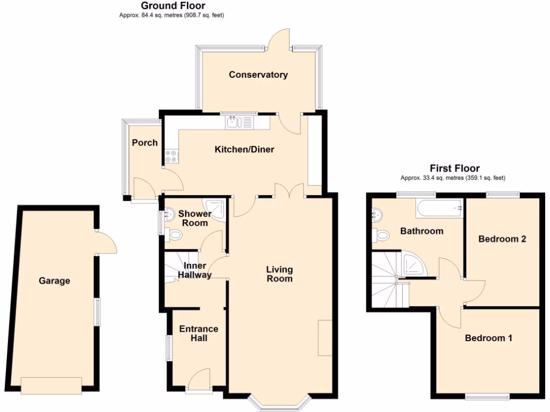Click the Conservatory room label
click(x=258, y=75)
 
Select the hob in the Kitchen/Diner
click(x=172, y=156)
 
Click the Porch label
click(x=145, y=143)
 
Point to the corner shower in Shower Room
click(x=213, y=207)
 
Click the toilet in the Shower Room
click(x=174, y=235)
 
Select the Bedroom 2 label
click(x=502, y=239)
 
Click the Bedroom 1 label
click(x=488, y=338)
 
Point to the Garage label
click(x=54, y=281)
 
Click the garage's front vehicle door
click(x=52, y=385)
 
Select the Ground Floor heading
click(x=173, y=6)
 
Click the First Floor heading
click(x=454, y=168)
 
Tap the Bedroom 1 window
click(x=487, y=397)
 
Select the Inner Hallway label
click(x=197, y=270)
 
